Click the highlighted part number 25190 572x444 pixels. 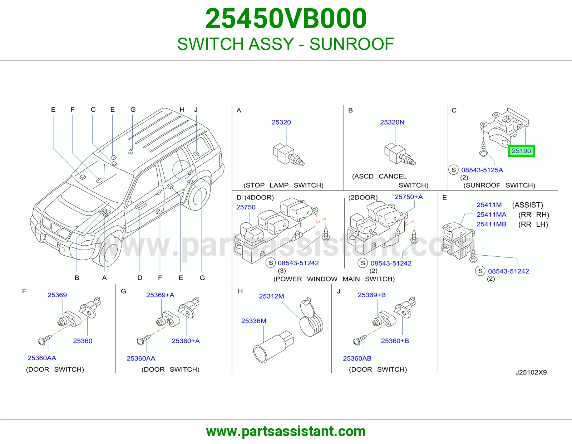coord(521,151)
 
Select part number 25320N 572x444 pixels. coord(392,122)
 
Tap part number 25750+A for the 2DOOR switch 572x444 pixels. coord(409,197)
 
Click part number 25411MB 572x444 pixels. coord(491,224)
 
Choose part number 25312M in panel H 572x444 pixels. coord(271,296)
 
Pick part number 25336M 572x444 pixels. coord(254,321)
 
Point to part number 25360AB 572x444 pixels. coord(357,358)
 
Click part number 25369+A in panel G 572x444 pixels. coord(160,295)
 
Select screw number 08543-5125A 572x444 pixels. coord(482,170)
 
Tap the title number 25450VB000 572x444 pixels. coord(286,19)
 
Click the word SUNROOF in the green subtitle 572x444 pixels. coord(352,44)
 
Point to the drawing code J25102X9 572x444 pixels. coord(531,372)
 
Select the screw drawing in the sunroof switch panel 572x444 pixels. coord(483,149)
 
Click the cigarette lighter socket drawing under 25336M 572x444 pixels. coord(273,347)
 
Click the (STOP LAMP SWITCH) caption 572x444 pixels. coord(283,185)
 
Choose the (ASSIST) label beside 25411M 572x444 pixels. coord(528,205)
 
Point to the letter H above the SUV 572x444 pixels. coord(182,110)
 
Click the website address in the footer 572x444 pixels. coord(286,431)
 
